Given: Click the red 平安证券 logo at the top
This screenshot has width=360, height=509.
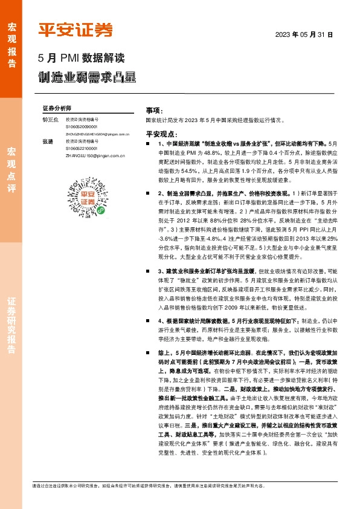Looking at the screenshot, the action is pyautogui.click(x=76, y=30).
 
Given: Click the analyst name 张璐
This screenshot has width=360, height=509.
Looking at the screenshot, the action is pyautogui.click(x=48, y=141).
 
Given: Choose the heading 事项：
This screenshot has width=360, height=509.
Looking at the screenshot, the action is pyautogui.click(x=154, y=111).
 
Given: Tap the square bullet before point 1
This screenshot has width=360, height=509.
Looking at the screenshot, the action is pyautogui.click(x=148, y=144).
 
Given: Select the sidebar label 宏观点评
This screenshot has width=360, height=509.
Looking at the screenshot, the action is pyautogui.click(x=11, y=172).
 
